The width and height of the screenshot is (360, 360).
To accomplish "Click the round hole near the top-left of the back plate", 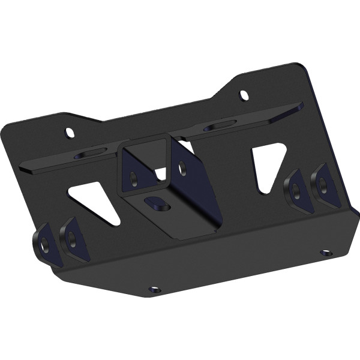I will (x=70, y=132).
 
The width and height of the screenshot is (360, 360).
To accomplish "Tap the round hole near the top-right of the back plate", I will (x=244, y=95).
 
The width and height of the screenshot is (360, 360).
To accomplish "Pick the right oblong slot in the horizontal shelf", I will (x=221, y=125).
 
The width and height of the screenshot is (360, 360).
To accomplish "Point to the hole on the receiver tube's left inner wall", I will (x=133, y=178).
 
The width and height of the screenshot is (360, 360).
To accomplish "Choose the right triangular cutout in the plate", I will (x=267, y=167).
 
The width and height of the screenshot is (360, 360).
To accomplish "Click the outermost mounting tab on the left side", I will (x=44, y=243).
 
